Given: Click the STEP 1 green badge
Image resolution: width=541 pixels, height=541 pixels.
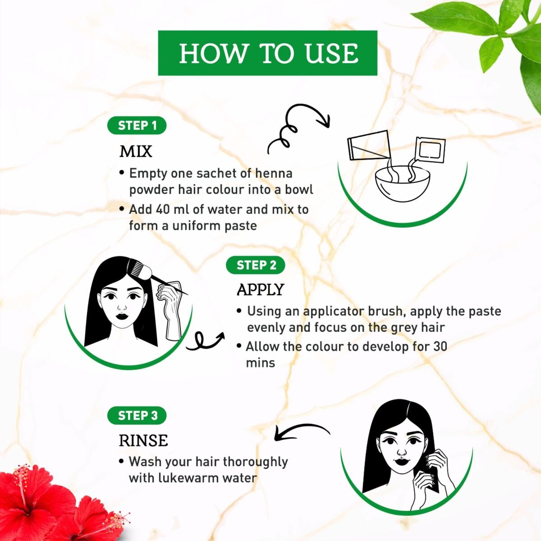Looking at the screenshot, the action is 137,125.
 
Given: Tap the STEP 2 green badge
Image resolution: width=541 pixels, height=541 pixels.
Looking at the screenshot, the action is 256,265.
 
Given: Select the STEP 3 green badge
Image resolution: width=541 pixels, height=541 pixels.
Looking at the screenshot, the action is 137,415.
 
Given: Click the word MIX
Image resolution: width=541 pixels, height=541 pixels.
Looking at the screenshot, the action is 136,151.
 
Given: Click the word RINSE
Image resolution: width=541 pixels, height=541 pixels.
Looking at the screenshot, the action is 143,440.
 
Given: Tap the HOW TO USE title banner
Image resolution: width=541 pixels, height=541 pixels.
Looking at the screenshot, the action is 267,53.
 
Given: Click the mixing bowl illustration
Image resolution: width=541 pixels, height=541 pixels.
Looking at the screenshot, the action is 402,184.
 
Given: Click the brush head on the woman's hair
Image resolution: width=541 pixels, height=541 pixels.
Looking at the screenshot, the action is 139,268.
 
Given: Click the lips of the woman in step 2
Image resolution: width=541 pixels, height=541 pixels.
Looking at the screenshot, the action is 122,316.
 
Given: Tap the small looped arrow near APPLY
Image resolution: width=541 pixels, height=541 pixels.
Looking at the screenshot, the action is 205,341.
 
